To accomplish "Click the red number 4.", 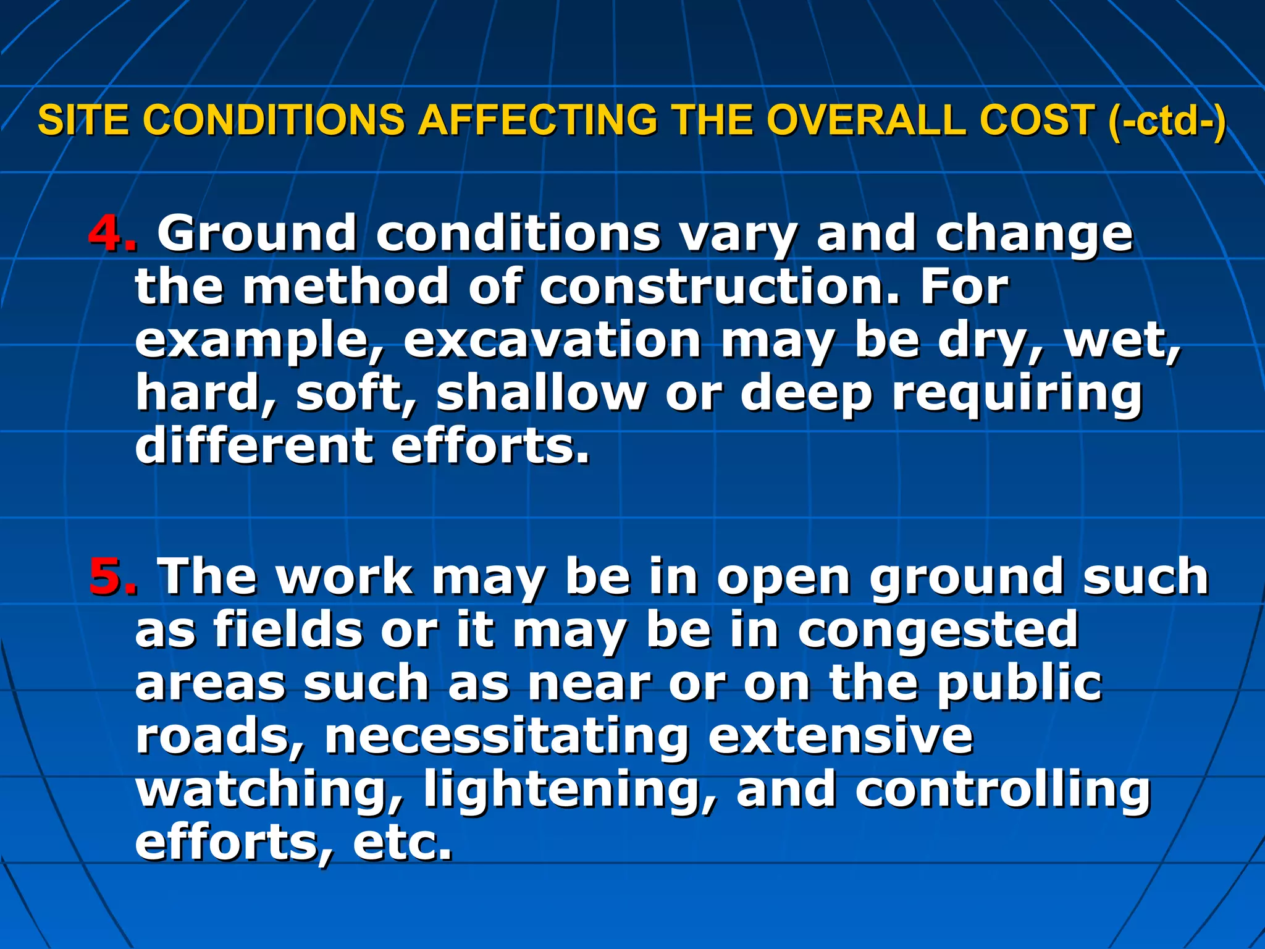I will [112, 234].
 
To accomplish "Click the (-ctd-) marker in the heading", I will [1167, 121].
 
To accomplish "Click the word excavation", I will [552, 340].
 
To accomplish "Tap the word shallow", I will [541, 394].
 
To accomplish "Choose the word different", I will [254, 446].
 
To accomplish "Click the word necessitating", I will [506, 736].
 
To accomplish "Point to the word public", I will [1019, 685].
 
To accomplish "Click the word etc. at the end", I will [402, 843].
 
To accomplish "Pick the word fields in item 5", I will [288, 630].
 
